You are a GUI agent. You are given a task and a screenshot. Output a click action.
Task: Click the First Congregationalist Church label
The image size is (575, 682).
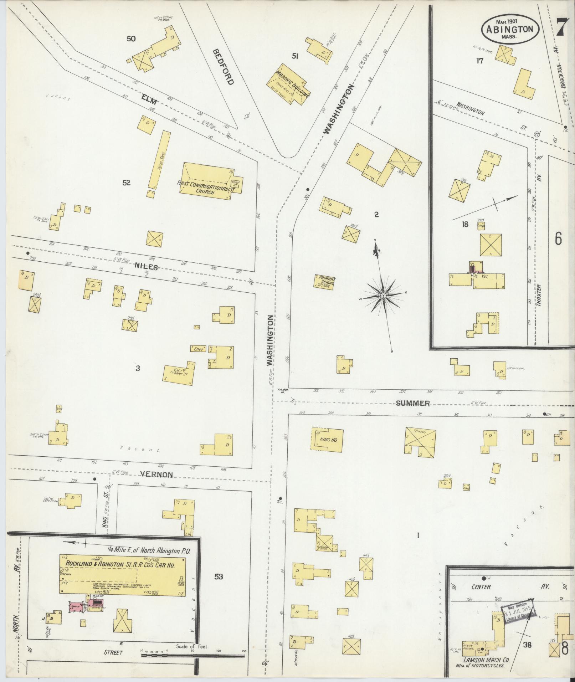click(206, 188)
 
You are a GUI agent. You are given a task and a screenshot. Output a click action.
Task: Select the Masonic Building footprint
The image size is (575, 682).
click(288, 84)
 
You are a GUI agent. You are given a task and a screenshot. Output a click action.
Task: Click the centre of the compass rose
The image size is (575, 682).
click(383, 296)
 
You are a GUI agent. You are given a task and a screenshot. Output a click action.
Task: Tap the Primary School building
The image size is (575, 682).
click(325, 281)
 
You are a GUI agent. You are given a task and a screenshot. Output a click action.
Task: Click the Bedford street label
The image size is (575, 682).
click(224, 67)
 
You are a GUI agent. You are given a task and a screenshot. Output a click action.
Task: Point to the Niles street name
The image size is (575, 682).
click(146, 267)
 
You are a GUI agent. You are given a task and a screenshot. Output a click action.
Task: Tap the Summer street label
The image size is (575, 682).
click(413, 403)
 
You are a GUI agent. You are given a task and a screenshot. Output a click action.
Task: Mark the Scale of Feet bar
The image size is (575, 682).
click(192, 655)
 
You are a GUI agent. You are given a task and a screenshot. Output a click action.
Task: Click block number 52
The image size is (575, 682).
click(126, 183)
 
